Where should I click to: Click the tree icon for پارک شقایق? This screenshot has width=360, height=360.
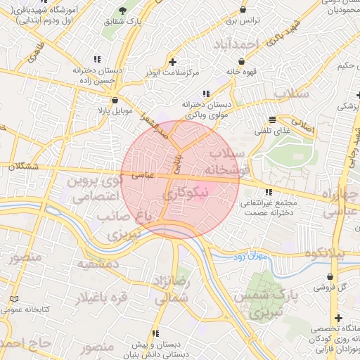pyautogui.click(x=124, y=11)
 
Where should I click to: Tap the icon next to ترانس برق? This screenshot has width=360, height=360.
pyautogui.click(x=243, y=11)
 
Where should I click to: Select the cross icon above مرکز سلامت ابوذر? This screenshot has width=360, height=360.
pyautogui.click(x=173, y=62)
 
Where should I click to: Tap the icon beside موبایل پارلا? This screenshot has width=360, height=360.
pyautogui.click(x=114, y=101)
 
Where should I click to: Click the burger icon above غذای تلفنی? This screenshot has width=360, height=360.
pyautogui.click(x=273, y=120)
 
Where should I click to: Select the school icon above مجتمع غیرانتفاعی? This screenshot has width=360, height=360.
pyautogui.click(x=269, y=192)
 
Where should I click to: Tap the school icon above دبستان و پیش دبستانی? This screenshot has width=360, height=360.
pyautogui.click(x=155, y=333)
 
